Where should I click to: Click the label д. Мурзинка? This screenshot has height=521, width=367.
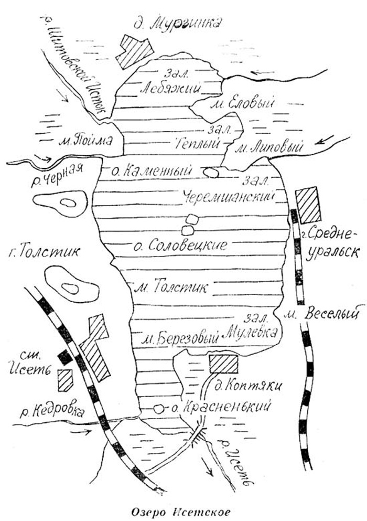[x=178, y=24]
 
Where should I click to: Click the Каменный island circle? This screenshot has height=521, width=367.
[x=211, y=172]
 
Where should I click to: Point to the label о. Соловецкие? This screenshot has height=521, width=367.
[x=187, y=245]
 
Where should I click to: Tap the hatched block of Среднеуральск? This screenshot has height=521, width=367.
[x=308, y=204]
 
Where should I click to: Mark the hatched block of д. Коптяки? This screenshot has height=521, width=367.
[x=223, y=364]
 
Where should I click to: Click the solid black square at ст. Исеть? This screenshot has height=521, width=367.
[x=65, y=357]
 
